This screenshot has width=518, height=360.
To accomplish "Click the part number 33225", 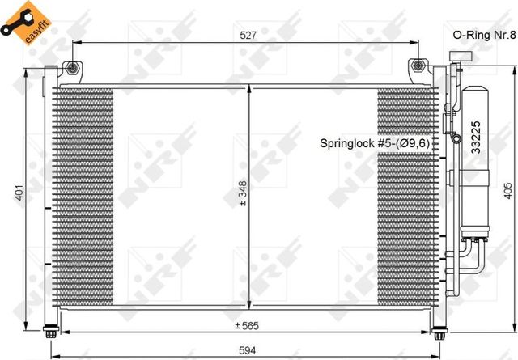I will [477, 137].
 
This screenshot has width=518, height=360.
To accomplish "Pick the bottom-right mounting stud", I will [439, 332].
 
